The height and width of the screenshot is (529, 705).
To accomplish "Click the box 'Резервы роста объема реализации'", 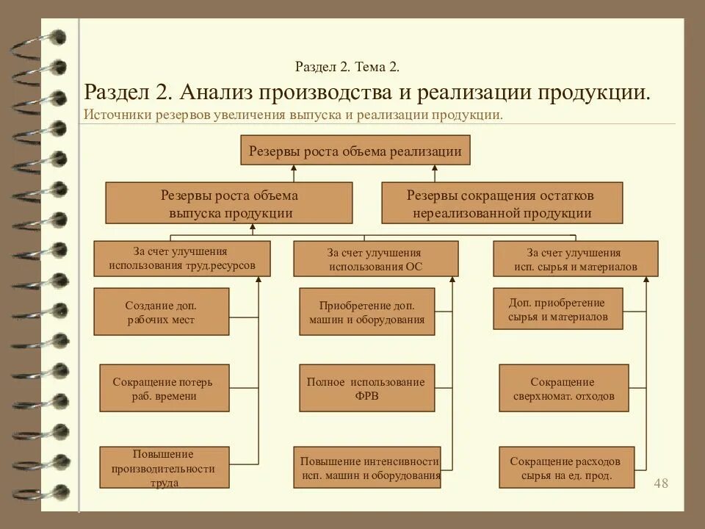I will tap(355, 151).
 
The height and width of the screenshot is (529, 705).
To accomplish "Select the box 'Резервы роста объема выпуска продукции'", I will tap(229, 204).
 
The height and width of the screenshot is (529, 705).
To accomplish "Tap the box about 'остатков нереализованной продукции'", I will tap(502, 204).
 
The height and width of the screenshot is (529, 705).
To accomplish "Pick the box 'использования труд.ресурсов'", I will tap(182, 259).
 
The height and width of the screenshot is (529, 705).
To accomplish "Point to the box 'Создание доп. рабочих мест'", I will tap(161, 312).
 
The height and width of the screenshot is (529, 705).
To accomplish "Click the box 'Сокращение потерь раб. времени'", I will tap(164, 389).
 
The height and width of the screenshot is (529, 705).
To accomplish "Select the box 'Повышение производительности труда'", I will tap(163, 468).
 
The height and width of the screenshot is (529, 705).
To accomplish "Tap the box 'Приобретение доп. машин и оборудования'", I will tap(366, 312).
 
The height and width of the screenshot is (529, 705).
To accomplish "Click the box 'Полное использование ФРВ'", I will tap(366, 389).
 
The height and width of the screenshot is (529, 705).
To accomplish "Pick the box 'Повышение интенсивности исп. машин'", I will tap(367, 468).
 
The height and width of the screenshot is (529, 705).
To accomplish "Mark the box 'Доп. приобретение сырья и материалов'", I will tap(557, 309).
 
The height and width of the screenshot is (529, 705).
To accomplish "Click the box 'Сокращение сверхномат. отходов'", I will tap(563, 389).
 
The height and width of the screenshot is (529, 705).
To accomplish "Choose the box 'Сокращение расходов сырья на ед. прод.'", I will tap(565, 468).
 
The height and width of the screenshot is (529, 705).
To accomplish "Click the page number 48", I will tap(661, 483).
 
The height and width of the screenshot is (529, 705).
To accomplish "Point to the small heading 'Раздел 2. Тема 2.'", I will tap(347, 67).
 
